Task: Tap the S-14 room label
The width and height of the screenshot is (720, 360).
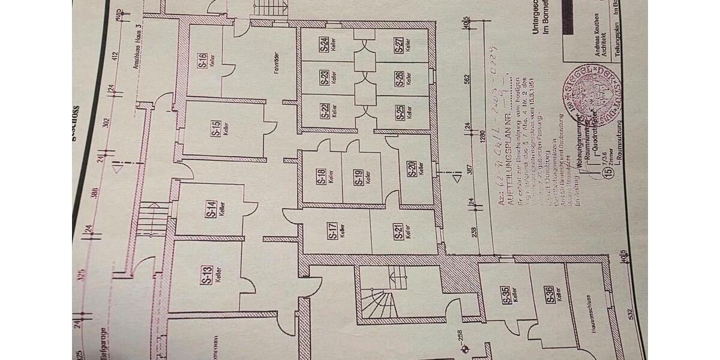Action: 211,208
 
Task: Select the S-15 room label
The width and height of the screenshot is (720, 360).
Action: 215,130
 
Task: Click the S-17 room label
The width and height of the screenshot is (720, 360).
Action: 332,231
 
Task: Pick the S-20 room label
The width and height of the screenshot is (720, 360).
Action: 413,169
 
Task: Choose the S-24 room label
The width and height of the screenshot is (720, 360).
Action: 324,44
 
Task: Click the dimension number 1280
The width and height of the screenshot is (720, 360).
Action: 484,143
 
